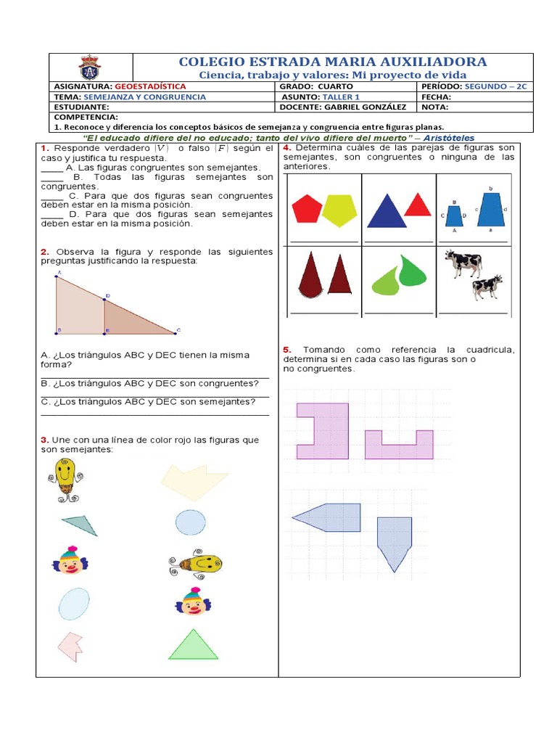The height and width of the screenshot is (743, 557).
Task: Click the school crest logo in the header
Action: pos(90,67)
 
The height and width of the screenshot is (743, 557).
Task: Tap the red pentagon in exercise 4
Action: pos(307,209)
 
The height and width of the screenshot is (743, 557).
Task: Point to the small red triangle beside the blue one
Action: pos(418,205)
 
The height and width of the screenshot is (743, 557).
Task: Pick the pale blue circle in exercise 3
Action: pos(190,522)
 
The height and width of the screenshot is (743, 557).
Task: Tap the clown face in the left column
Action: pos(70,561)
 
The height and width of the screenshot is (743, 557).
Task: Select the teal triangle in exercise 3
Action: pos(80,524)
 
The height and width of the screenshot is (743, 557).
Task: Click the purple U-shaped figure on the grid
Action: pos(398,446)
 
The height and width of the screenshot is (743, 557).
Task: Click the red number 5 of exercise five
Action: pos(287,350)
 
